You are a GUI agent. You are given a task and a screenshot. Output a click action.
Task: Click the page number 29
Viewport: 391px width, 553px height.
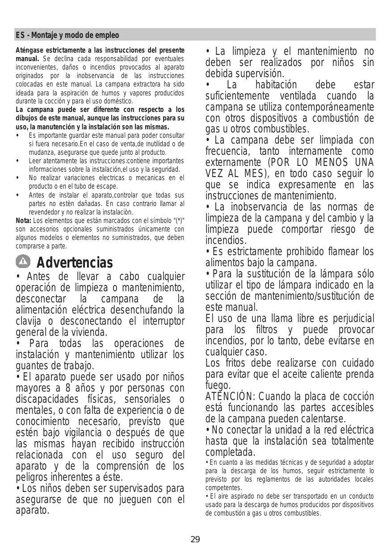(195, 540)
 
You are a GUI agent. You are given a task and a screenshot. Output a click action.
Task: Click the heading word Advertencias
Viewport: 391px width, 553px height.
(75, 262)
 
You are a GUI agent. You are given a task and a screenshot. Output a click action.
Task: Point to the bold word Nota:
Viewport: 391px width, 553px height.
(23, 221)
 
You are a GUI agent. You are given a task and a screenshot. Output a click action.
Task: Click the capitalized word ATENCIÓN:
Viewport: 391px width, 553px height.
(227, 397)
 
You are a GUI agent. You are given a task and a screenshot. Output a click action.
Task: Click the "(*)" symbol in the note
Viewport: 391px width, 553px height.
(179, 221)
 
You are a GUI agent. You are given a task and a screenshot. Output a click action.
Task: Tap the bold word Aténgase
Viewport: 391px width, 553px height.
(30, 50)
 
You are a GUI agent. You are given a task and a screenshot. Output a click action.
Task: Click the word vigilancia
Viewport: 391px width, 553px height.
(77, 433)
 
